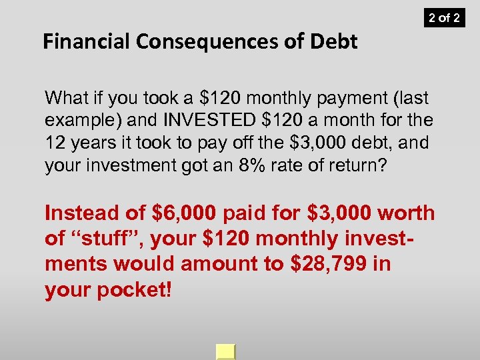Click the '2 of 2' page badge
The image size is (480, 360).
coord(444,17)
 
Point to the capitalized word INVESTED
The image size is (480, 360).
coord(211,121)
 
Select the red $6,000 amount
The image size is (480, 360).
coord(186,214)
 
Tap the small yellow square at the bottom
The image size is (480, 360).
coord(226,352)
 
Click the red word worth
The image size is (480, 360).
coord(407,214)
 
